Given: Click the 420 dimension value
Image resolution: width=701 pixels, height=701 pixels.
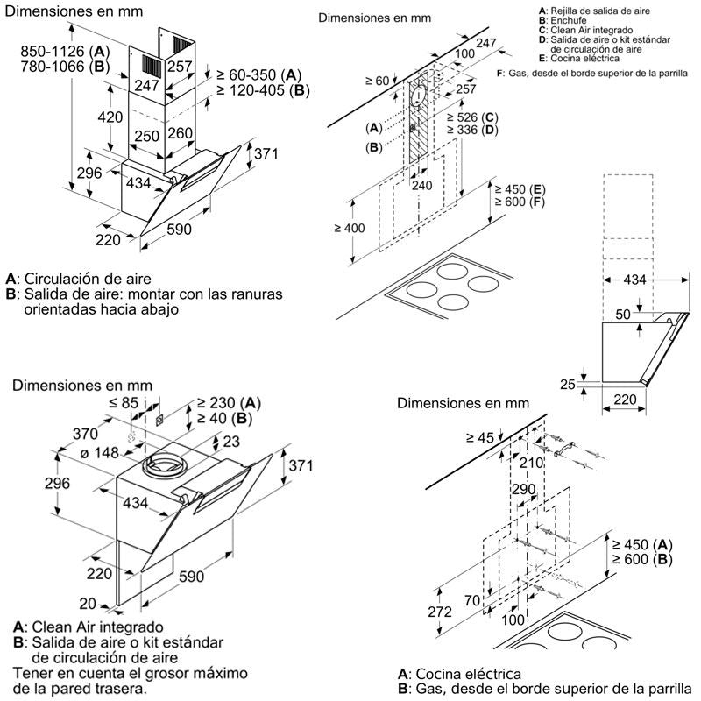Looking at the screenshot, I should [x=110, y=117].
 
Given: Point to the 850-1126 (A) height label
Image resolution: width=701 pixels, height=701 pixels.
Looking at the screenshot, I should [x=63, y=51].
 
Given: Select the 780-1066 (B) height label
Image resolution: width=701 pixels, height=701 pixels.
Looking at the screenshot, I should [x=63, y=67].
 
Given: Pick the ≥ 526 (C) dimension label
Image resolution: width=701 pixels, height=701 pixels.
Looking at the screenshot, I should [x=472, y=117].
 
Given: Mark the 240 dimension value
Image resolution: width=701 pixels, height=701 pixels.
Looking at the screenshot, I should [x=422, y=186].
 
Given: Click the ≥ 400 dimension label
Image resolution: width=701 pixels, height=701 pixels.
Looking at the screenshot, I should [x=350, y=228].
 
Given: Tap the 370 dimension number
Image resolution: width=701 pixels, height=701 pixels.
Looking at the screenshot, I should [x=85, y=434].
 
